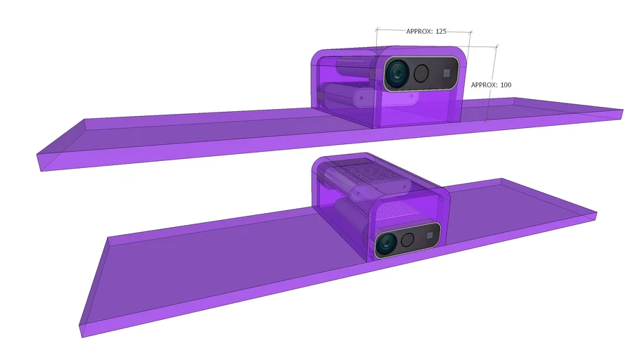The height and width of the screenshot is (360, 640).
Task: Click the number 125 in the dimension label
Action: click(x=442, y=32)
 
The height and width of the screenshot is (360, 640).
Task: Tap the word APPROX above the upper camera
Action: click(x=420, y=32)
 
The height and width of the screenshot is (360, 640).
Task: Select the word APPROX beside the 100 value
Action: click(x=484, y=85)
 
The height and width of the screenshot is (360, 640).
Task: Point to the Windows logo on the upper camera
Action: click(x=446, y=72)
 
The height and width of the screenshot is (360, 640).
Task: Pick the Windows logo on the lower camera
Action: click(x=428, y=234)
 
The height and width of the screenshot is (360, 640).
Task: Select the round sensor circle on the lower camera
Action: click(x=409, y=239)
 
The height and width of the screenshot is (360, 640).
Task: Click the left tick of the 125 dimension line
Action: click(x=377, y=30)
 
